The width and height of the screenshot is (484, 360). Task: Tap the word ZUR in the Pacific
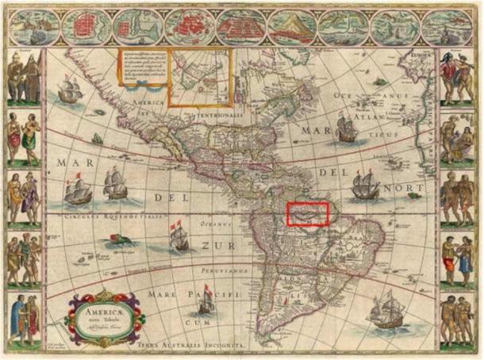(217, 247)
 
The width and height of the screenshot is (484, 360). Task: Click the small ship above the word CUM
(206, 300)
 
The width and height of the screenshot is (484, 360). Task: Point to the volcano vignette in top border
(292, 28)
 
